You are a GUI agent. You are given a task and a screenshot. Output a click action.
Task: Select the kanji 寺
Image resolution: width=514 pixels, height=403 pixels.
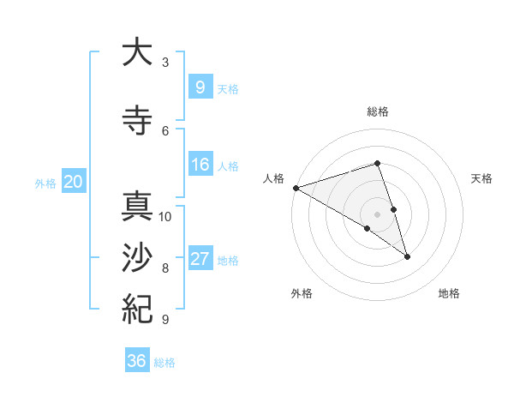click(136, 120)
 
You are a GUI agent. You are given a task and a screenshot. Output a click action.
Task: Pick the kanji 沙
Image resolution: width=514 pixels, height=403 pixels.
click(136, 258)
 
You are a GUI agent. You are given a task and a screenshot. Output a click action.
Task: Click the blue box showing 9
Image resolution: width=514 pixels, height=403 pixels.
click(200, 87)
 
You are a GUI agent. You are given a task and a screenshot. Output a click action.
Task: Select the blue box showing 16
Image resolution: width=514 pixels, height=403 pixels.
click(200, 165)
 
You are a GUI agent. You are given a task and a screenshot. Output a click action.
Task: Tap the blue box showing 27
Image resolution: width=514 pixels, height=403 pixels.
click(200, 259)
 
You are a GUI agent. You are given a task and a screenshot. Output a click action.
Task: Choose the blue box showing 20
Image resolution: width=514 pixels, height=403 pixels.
click(74, 181)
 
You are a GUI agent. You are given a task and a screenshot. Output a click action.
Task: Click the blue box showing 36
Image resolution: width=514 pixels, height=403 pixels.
click(136, 361)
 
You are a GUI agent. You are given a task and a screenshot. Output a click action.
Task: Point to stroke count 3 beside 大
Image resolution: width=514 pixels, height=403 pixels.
click(165, 63)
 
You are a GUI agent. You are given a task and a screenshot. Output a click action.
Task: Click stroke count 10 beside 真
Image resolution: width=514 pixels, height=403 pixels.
click(165, 216)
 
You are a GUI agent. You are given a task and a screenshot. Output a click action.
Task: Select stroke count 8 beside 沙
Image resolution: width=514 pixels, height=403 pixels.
click(165, 268)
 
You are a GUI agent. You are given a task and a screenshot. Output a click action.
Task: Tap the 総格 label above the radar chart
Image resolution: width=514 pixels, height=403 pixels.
click(378, 111)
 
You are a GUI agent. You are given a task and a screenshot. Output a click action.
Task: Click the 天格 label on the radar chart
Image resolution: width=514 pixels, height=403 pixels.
click(482, 178)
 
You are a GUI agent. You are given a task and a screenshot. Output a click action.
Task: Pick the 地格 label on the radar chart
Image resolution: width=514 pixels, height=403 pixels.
click(449, 293)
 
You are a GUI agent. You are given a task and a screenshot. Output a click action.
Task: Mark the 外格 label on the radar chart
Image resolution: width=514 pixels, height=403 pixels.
click(302, 293)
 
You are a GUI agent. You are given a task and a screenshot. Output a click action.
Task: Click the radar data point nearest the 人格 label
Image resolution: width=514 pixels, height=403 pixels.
click(296, 187)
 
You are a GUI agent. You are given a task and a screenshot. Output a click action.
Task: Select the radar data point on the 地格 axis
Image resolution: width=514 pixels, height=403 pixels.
click(407, 256)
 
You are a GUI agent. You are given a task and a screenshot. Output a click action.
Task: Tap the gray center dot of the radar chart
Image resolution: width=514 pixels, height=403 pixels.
click(377, 213)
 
